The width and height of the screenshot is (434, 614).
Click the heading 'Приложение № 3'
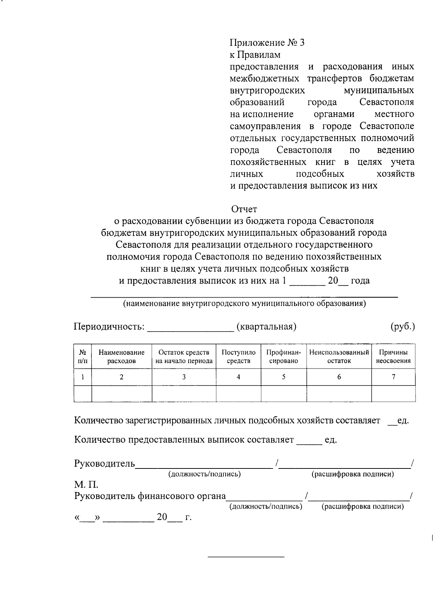pyautogui.click(x=267, y=43)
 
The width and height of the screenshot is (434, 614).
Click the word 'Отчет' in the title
pyautogui.click(x=244, y=209)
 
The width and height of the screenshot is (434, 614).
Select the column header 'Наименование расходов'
pyautogui.click(x=122, y=357)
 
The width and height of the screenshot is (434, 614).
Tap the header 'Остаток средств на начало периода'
pyautogui.click(x=184, y=357)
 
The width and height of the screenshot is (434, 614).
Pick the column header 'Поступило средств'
pyautogui.click(x=238, y=357)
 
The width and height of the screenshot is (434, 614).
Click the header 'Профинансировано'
pyautogui.click(x=284, y=357)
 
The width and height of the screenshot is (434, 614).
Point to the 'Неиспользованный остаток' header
pyautogui.click(x=339, y=357)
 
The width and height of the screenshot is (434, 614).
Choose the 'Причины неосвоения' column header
pyautogui.click(x=393, y=357)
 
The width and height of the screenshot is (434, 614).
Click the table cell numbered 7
pyautogui.click(x=393, y=377)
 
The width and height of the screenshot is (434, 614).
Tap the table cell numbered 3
pyautogui.click(x=184, y=377)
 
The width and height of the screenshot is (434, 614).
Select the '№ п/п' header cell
pyautogui.click(x=82, y=357)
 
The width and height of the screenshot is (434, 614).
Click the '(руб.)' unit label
pyautogui.click(x=403, y=327)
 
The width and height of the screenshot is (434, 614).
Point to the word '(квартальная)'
pyautogui.click(x=266, y=327)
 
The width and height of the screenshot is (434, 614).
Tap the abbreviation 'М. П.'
pyautogui.click(x=86, y=485)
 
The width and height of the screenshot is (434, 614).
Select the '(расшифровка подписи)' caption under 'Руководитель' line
pyautogui.click(x=353, y=474)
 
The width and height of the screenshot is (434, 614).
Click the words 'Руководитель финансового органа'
pyautogui.click(x=150, y=496)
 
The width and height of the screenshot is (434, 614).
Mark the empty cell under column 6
pyautogui.click(x=339, y=394)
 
